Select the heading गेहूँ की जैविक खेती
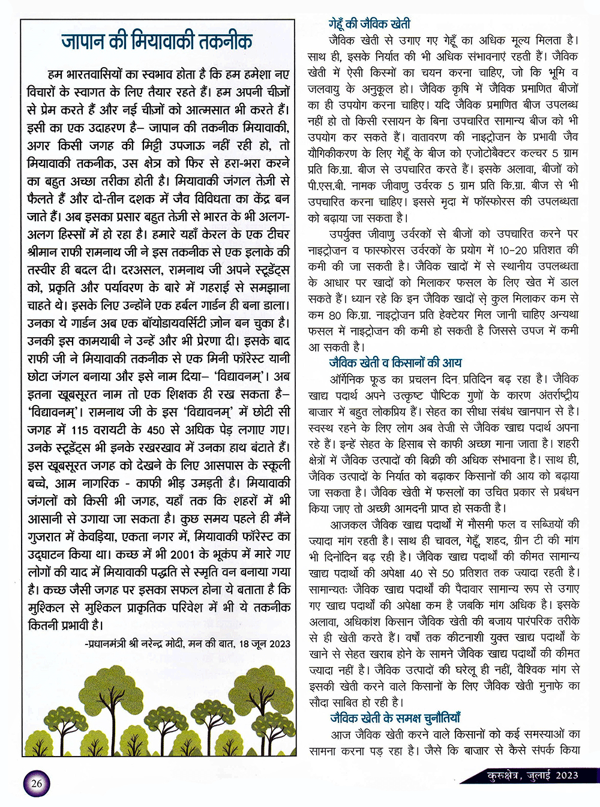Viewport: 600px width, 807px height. (x=369, y=24)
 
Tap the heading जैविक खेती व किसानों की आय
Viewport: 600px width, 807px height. (x=395, y=362)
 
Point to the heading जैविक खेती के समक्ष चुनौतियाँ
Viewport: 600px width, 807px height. (x=395, y=718)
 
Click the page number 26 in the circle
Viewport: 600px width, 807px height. (x=37, y=783)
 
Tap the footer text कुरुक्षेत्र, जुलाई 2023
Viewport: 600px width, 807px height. (x=532, y=775)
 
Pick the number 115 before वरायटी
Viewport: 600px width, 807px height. (x=79, y=430)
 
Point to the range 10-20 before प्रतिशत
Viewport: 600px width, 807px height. (x=513, y=250)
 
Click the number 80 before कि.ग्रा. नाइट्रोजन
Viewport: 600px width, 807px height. (x=335, y=314)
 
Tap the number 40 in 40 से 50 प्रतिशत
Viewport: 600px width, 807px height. (x=416, y=572)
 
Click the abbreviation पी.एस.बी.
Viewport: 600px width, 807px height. (x=327, y=185)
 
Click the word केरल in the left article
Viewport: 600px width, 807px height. (x=194, y=235)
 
